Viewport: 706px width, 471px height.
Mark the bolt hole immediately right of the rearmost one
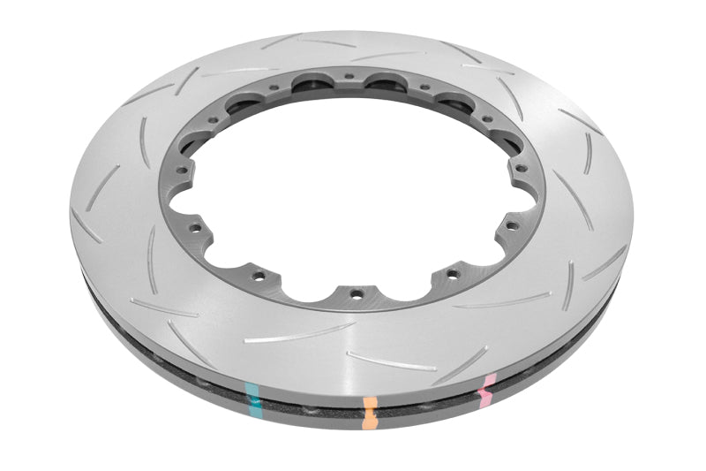[424, 87]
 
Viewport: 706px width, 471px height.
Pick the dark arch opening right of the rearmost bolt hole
[386, 83]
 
